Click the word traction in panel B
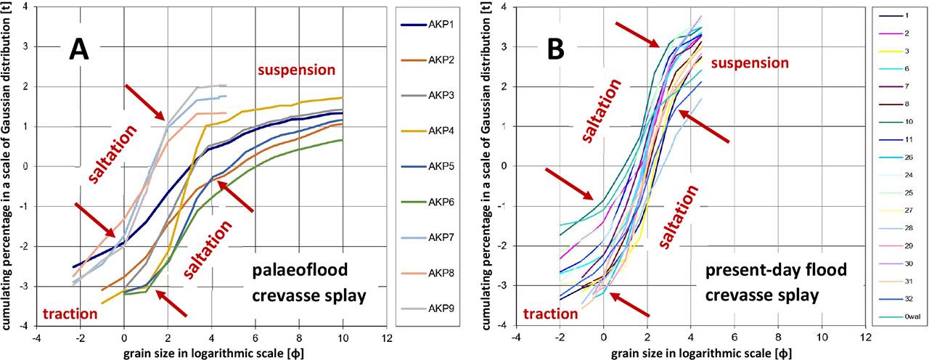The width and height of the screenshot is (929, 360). coord(549,315)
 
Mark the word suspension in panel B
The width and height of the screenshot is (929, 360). coord(749,63)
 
